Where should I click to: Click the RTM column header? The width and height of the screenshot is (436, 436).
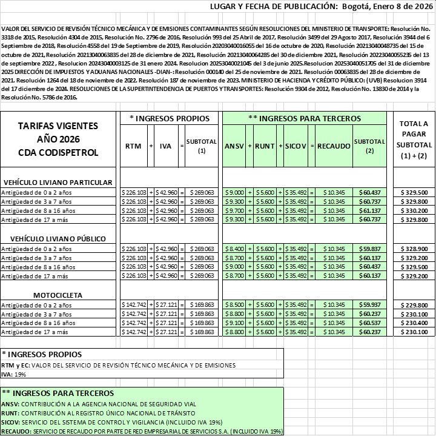[133, 146]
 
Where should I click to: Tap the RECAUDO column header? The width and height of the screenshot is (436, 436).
[333, 146]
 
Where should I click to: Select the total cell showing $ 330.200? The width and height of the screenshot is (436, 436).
[414, 210]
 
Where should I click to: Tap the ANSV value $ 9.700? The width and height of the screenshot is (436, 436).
[234, 210]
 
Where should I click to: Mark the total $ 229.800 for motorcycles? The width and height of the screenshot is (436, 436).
[414, 305]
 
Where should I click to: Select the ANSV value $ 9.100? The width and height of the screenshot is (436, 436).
[234, 323]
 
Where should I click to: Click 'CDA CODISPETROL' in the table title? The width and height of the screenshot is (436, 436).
[59, 152]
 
